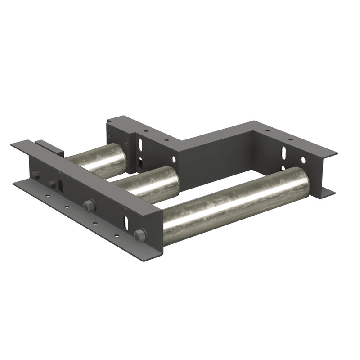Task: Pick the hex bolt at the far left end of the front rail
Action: [35, 175]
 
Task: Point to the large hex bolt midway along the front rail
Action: [89, 205]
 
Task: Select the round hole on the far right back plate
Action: [303, 160]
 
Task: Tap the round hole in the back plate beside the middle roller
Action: [174, 159]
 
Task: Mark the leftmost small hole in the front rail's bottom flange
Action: [47, 196]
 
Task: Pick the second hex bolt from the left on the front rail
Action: [52, 184]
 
